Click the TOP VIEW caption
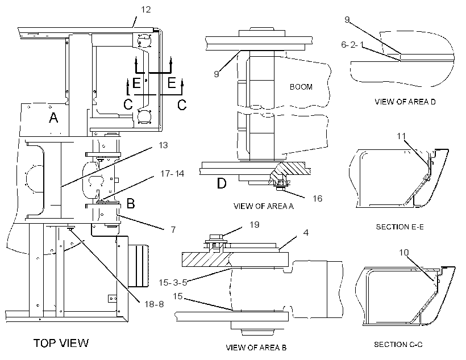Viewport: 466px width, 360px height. point(61,343)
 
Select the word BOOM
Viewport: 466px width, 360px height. point(301,87)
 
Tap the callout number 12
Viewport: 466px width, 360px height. point(145,10)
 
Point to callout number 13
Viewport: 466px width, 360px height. point(163,145)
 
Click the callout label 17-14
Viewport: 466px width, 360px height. point(172,173)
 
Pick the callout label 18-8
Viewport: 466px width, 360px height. point(154,304)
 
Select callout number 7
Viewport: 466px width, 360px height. point(173,229)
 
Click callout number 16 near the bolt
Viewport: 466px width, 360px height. point(318,198)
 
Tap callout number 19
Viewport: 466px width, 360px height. point(255,224)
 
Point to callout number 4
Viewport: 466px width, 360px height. point(306,233)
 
